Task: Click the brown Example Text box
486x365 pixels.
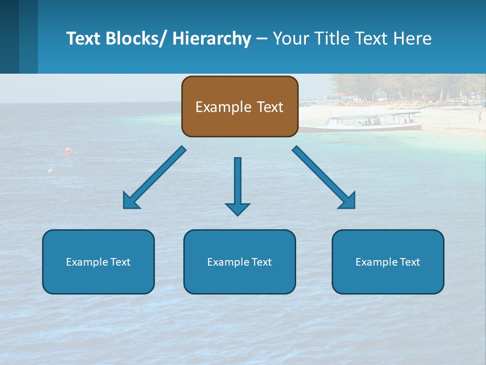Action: pos(239,106)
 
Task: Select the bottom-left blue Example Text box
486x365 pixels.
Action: pos(98,262)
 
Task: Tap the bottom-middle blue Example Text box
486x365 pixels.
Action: pos(239,262)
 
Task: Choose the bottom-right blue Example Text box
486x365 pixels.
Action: pos(388,262)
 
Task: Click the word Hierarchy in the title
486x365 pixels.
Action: pos(212,39)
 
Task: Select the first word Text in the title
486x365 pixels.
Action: pos(84,39)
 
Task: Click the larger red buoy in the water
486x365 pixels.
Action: pos(68,150)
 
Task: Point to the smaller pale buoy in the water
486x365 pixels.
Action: pos(51,171)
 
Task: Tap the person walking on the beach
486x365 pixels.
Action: pos(479,117)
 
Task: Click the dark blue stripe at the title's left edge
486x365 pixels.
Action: pos(9,36)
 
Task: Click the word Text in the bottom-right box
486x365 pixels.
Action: pos(410,262)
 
